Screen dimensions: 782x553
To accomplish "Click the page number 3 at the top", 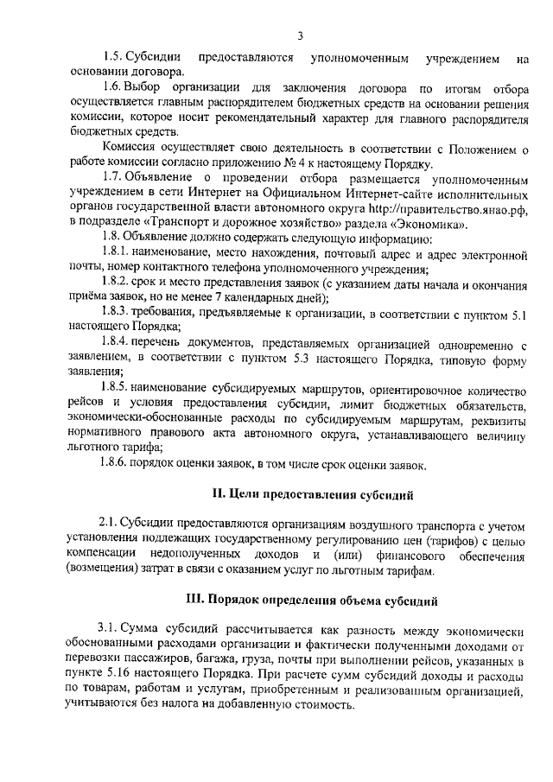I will tap(299, 35).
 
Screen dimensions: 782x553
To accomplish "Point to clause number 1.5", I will tap(111, 58).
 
